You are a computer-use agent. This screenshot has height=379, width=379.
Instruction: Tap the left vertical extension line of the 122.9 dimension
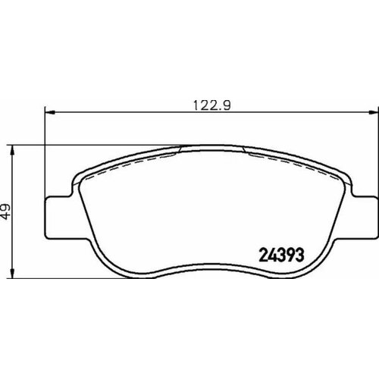46,152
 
